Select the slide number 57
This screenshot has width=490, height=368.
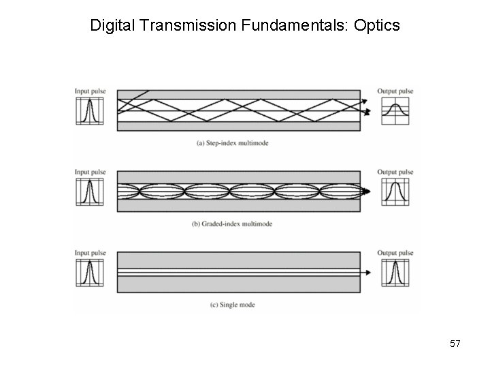455,344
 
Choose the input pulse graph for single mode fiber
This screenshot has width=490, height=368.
89,273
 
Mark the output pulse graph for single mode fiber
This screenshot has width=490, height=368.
395,273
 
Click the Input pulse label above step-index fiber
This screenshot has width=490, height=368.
89,91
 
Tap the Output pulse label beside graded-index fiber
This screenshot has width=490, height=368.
395,172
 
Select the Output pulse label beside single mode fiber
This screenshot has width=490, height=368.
395,254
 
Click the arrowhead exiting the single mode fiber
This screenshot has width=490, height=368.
367,273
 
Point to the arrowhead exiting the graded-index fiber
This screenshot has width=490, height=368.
367,191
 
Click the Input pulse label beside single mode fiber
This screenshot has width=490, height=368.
89,254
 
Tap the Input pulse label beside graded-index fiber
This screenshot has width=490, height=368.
89,172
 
